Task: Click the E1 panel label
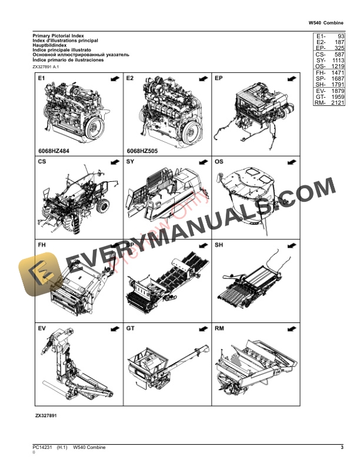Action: [x=42, y=78]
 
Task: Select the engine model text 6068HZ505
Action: [x=144, y=150]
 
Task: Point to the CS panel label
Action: [x=42, y=161]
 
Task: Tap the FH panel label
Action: [x=42, y=244]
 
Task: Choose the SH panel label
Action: [x=219, y=244]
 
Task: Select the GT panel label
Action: [x=131, y=328]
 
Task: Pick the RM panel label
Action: [x=219, y=328]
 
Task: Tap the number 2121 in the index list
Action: [x=336, y=103]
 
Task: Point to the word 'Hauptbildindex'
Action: [x=51, y=46]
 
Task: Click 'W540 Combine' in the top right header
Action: [x=326, y=23]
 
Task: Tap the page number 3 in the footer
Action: [x=342, y=449]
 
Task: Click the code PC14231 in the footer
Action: [x=42, y=449]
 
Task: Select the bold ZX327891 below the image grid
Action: [x=46, y=415]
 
